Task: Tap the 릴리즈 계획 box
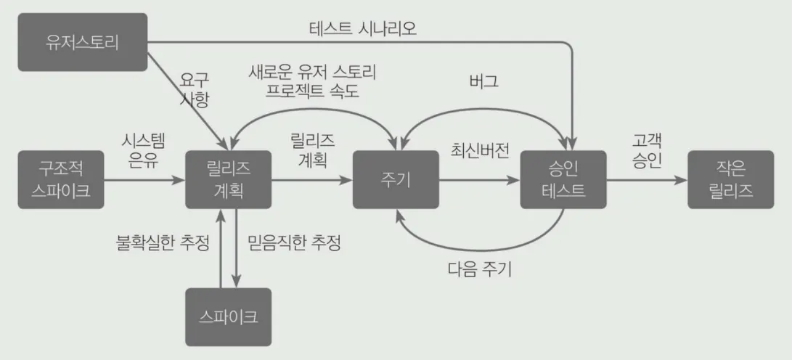tap(229, 179)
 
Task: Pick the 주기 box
tap(396, 180)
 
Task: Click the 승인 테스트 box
tap(563, 180)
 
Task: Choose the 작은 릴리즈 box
tap(730, 180)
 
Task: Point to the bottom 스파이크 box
tap(229, 317)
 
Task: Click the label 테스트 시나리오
tap(363, 30)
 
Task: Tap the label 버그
tap(483, 81)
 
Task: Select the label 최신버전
tap(480, 152)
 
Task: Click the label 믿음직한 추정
tap(294, 242)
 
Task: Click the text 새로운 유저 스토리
tap(314, 72)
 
